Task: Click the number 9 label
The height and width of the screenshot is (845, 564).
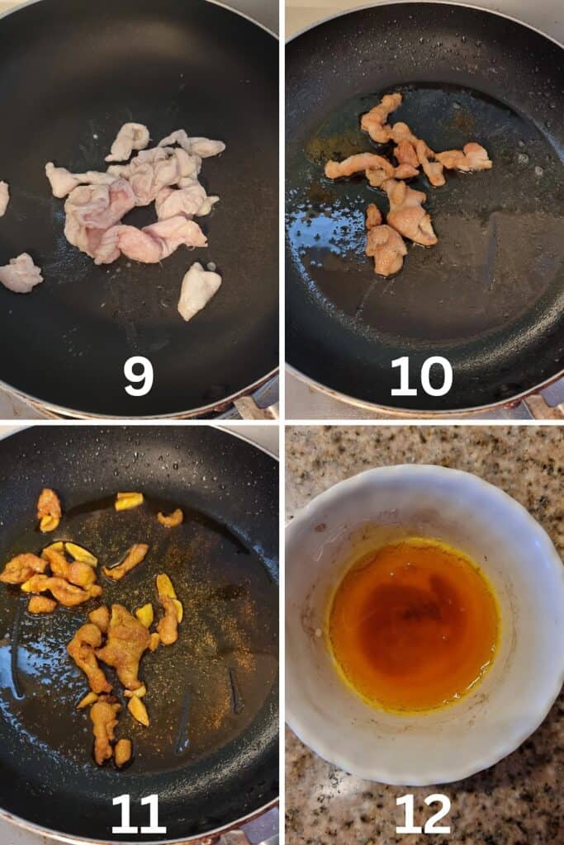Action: (138, 376)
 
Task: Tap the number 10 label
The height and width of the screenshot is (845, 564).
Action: (421, 376)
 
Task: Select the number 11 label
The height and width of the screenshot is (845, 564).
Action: (138, 814)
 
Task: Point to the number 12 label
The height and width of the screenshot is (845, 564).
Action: (423, 814)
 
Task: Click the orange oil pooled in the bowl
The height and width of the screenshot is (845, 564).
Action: (414, 625)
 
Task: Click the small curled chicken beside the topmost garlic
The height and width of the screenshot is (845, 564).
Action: (170, 518)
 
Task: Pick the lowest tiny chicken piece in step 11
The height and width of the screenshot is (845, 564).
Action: (123, 753)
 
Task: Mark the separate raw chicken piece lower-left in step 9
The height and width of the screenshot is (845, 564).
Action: (20, 272)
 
